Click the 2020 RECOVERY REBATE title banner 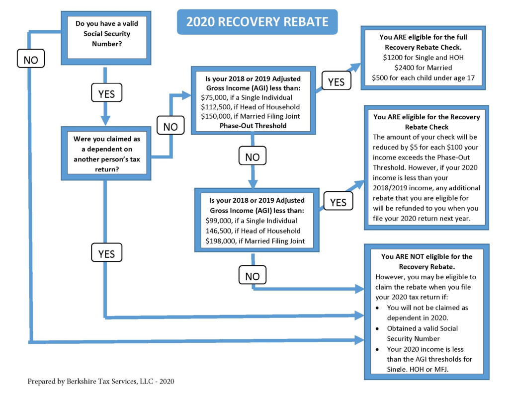point(257,22)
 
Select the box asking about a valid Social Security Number point(106,38)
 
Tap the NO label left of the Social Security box point(31,59)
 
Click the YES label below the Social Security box point(106,92)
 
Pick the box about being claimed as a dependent point(106,154)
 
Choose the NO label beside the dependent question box point(170,125)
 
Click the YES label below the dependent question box point(106,252)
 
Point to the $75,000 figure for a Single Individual point(213,97)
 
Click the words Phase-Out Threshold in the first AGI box point(253,126)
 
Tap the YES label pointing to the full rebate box point(337,80)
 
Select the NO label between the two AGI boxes point(253,156)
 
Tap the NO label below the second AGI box point(253,275)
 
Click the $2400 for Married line point(424,68)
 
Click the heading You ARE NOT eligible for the point(426,256)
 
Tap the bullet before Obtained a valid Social point(377,329)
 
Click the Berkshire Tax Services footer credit point(101,381)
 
